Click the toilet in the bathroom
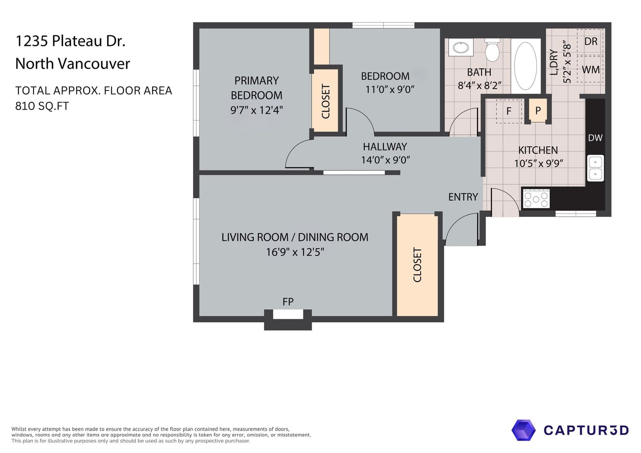tap(492, 50)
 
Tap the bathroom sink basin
tap(461, 48)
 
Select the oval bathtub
tap(525, 66)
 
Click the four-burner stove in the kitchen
tap(536, 198)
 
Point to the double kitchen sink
tap(595, 168)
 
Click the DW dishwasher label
tap(595, 138)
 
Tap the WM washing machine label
tap(591, 70)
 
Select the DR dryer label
tap(591, 42)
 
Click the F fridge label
tap(509, 111)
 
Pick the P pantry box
tap(538, 110)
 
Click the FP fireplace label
tap(288, 302)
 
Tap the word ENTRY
tap(463, 197)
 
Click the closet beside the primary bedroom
tap(325, 101)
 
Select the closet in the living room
tap(417, 265)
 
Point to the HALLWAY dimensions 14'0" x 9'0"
tap(385, 160)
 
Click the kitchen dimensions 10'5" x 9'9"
tap(538, 163)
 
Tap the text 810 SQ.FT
tap(42, 106)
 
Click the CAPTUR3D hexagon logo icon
tap(523, 430)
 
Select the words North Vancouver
tap(73, 64)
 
